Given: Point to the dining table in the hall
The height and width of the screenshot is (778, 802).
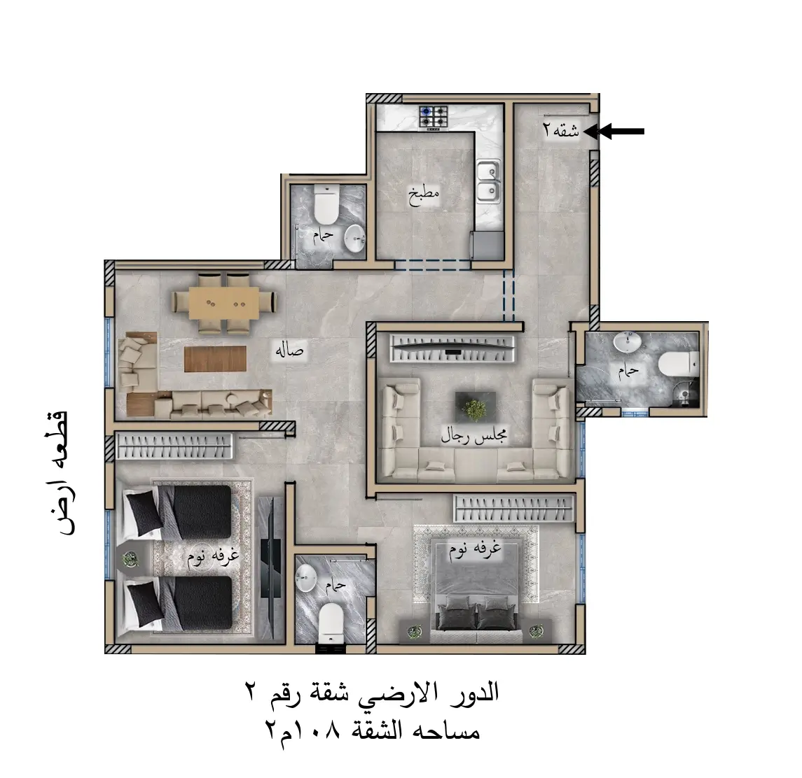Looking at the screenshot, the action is tap(224, 303).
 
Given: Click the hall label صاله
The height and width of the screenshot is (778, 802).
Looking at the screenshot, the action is tap(289, 351).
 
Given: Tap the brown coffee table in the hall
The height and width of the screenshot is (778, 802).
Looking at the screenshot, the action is tap(215, 359).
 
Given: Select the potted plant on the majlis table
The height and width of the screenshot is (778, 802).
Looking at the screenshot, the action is tap(475, 408).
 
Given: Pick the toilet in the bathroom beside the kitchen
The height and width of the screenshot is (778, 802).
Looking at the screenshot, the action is tap(326, 205).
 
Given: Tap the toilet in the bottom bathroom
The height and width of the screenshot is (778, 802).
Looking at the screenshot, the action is tap(331, 623).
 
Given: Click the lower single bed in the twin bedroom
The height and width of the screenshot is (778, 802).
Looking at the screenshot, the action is tap(178, 604).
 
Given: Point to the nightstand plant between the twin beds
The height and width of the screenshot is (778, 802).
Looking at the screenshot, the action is tap(131, 559).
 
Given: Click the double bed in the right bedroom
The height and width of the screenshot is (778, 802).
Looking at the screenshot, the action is tap(476, 586).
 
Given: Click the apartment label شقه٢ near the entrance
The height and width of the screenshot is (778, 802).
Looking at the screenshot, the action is tap(561, 132).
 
